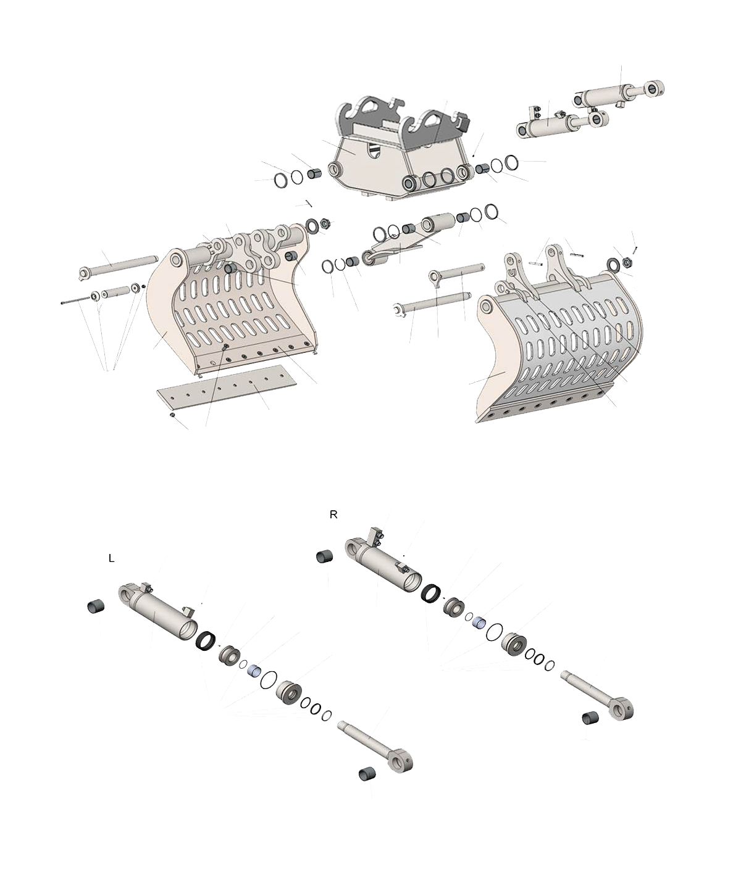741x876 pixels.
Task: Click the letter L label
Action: point(111,558)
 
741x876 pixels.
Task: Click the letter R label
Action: point(333,514)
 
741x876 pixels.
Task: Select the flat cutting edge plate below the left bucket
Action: point(227,386)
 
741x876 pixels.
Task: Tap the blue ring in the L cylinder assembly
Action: point(255,670)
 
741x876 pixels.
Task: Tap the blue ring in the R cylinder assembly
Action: point(479,622)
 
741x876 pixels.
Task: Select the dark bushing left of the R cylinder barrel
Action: point(324,556)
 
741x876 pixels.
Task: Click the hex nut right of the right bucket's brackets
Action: point(626,263)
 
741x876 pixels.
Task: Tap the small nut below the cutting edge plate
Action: point(172,415)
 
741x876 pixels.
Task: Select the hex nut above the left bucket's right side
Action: point(324,223)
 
